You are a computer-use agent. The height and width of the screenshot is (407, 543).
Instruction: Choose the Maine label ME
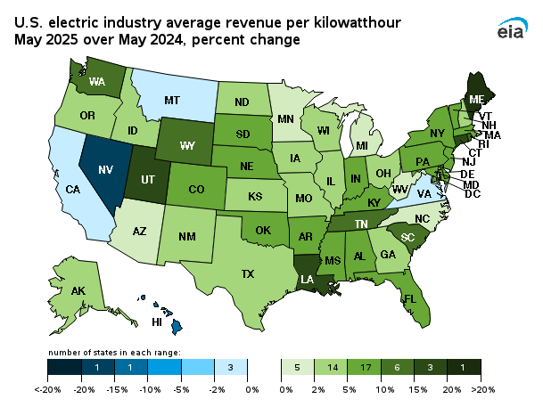[478, 99]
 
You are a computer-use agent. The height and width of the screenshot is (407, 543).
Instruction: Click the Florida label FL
[410, 298]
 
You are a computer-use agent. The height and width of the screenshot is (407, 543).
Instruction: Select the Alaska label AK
[78, 290]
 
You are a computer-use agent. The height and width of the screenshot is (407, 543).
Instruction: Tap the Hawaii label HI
[156, 322]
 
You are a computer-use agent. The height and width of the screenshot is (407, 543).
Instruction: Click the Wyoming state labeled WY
[188, 144]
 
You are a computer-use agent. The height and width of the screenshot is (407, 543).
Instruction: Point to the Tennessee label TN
[362, 224]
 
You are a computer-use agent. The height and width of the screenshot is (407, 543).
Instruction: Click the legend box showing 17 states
[366, 367]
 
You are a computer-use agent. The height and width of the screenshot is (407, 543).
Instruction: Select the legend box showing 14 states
[333, 367]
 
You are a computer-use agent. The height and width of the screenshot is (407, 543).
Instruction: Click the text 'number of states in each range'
[113, 353]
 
